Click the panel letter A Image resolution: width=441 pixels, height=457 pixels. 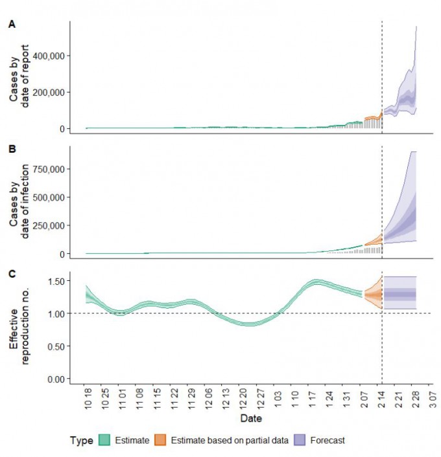(11, 25)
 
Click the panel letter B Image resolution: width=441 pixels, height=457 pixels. (11, 149)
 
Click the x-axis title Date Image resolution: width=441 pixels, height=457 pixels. (252, 419)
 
